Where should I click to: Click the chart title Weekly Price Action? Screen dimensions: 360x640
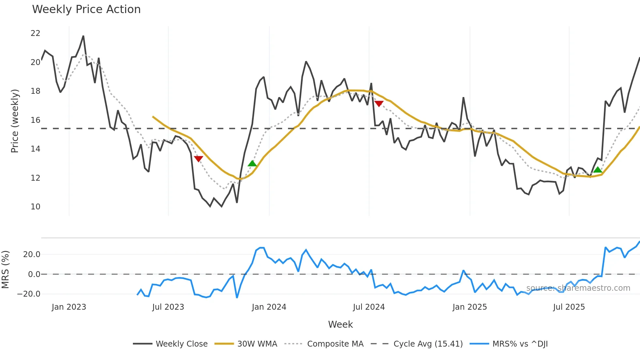click(x=86, y=9)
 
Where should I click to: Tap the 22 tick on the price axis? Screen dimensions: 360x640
click(x=35, y=33)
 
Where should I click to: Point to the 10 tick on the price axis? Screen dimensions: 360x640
click(x=35, y=207)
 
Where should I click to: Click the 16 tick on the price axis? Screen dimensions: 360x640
click(x=35, y=120)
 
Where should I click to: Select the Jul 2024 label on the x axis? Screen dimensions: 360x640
click(x=369, y=307)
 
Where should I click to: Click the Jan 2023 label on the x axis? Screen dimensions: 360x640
click(x=69, y=307)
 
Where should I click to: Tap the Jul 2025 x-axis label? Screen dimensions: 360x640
click(x=569, y=307)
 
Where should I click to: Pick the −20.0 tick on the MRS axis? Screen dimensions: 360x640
click(x=29, y=294)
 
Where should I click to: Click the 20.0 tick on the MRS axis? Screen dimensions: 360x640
click(x=31, y=254)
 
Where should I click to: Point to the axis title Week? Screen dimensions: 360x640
click(x=340, y=324)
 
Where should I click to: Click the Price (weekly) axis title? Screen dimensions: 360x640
click(x=15, y=121)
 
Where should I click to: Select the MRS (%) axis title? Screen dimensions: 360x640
click(x=6, y=270)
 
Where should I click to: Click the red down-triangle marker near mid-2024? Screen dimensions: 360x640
click(x=379, y=104)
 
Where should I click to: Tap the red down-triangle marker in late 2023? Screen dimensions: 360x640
click(x=199, y=159)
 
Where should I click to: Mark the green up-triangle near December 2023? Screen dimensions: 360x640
click(x=252, y=163)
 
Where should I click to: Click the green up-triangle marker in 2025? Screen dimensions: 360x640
click(x=598, y=170)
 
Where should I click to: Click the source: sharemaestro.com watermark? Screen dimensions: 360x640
click(x=578, y=288)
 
